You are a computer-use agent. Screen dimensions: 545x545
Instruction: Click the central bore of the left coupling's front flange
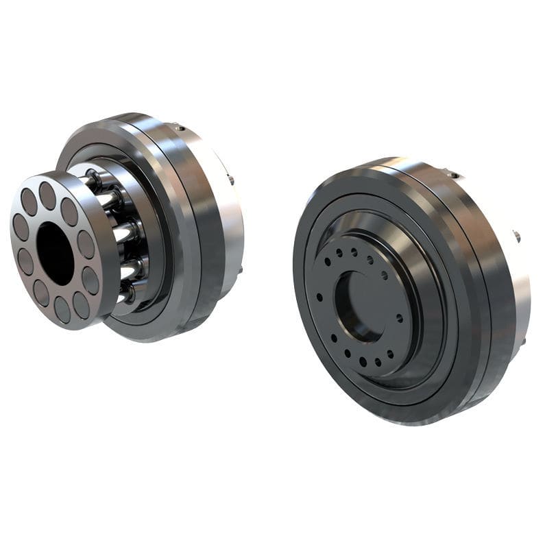pos(55,254)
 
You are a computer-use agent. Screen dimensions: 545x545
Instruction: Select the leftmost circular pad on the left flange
pos(20,226)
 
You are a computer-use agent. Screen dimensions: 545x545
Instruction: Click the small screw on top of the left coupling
pos(180,128)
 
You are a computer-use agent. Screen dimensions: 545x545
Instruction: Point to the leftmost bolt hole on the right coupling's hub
pos(319,296)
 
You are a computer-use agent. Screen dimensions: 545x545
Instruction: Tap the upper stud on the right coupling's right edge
pos(516,237)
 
